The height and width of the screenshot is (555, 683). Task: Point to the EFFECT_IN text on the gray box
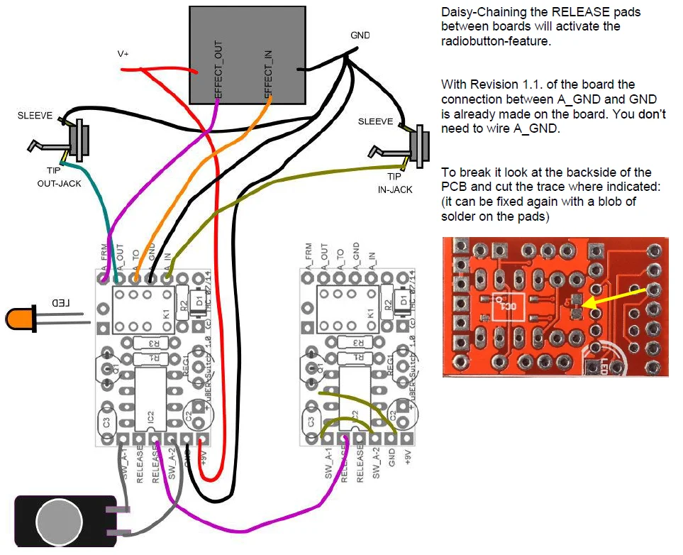[x=269, y=70]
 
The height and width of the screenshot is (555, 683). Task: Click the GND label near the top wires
[x=360, y=35]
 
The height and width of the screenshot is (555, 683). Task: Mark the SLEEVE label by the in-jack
[x=376, y=121]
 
